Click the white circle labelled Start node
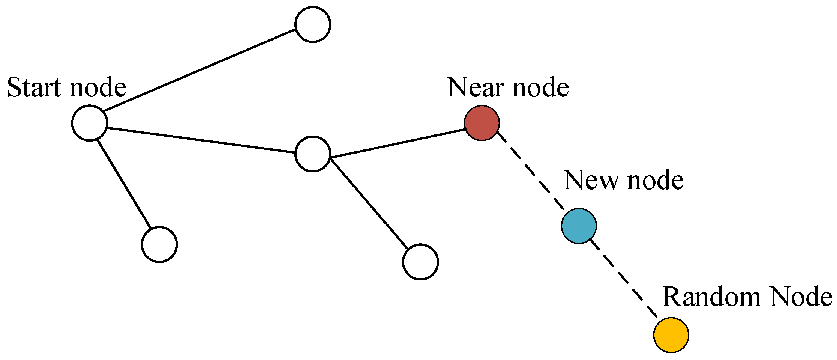click(x=90, y=123)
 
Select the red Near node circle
click(x=481, y=123)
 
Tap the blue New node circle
click(x=579, y=226)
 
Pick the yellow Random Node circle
click(x=671, y=335)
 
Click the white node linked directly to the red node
click(x=313, y=154)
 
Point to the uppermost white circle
click(x=313, y=24)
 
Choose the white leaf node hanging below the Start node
click(x=159, y=244)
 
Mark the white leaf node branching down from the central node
click(x=420, y=262)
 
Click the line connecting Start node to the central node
click(x=201, y=140)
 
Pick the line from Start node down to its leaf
click(x=124, y=184)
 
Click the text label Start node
click(x=67, y=87)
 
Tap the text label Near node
click(x=508, y=87)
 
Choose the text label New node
click(x=623, y=180)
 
